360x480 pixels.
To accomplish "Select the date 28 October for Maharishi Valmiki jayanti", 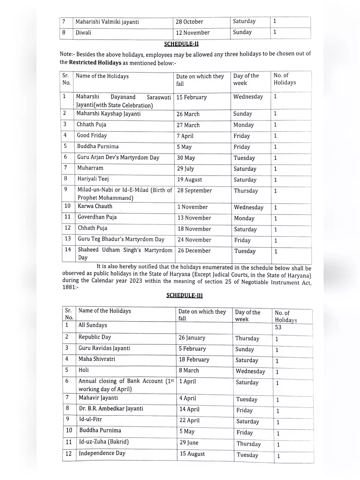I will point(190,22).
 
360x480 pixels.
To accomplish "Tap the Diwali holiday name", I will point(84,32).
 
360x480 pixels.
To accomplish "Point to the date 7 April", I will point(185,136).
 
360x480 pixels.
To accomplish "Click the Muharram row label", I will point(90,168).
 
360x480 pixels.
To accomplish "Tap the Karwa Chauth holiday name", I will point(95,206).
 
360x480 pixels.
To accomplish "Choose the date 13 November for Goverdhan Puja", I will point(194,218).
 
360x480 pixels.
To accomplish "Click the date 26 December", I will point(194,251).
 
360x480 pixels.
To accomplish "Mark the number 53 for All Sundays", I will point(278,327).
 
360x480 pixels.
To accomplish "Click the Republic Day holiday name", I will point(95,337).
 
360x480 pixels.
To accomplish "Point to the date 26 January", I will point(192,338).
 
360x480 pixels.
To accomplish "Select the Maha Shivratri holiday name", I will point(97,359).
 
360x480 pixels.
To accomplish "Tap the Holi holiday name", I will point(84,370).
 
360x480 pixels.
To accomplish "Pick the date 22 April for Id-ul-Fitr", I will point(189,421).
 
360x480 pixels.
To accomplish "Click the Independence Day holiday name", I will point(102,453).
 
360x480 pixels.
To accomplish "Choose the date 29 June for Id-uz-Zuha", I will point(189,443).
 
